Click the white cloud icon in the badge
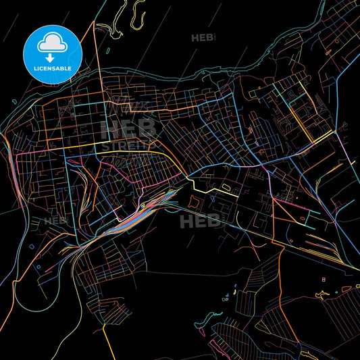click(51, 41)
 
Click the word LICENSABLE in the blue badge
click(51, 68)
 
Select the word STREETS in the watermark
click(128, 145)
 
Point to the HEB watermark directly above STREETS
click(128, 127)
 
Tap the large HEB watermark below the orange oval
click(200, 220)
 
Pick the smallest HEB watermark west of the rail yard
click(55, 221)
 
